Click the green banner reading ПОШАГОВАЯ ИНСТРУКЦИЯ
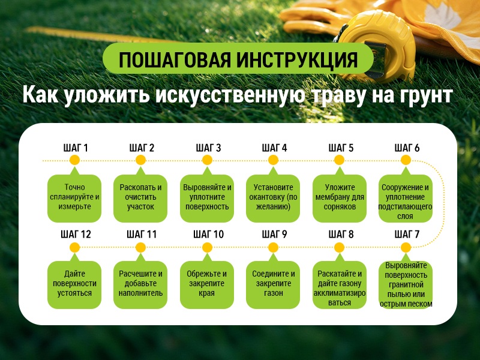point(238,61)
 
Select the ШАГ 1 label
point(76,148)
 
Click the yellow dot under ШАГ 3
point(208,160)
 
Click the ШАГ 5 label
point(340,148)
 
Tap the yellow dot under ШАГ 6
point(406,160)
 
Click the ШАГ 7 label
point(406,234)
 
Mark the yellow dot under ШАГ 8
point(340,247)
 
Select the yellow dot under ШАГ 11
point(141,247)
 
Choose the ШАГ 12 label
point(76,234)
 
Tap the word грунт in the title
point(427,96)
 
